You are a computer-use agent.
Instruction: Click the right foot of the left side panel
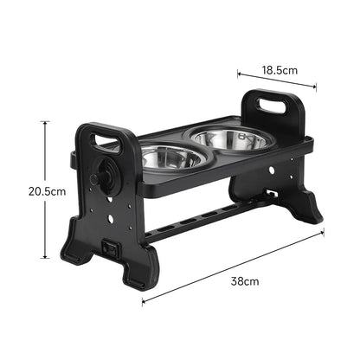pyautogui.click(x=138, y=274)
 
